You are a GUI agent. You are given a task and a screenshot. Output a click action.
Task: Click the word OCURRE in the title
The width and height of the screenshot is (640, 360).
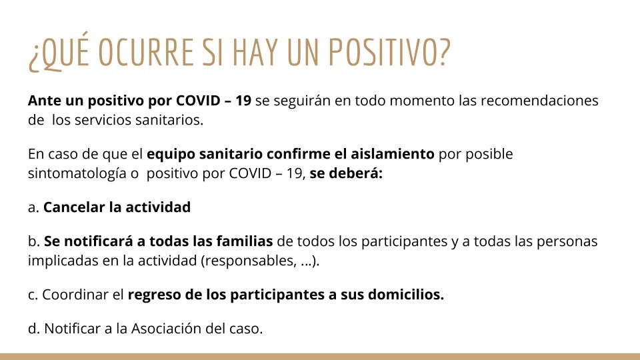tap(146, 52)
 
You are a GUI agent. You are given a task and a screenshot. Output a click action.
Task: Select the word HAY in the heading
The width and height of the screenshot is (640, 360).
tap(255, 52)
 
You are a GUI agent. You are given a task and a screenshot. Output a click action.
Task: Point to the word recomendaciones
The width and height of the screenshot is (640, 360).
tap(539, 101)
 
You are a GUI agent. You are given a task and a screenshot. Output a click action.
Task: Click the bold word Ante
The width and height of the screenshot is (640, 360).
tap(45, 101)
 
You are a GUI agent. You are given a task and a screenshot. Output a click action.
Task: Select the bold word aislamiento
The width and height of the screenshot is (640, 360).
tap(393, 154)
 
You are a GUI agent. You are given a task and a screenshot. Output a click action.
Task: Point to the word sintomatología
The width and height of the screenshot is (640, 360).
tap(77, 174)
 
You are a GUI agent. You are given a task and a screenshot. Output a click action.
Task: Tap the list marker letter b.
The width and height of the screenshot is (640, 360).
tap(33, 241)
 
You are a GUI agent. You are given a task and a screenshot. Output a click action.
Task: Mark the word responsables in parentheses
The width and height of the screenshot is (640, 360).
tap(249, 261)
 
